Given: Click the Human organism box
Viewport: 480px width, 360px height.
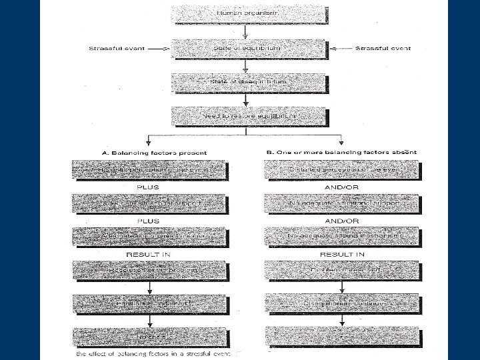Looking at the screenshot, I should tap(247, 13).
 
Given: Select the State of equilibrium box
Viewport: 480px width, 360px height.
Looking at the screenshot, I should tap(247, 48).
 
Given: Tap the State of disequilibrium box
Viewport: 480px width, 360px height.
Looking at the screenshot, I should tap(247, 81).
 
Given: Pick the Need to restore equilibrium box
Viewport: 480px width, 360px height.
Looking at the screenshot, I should tap(247, 116).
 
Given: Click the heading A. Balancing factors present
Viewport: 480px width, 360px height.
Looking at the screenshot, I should tap(154, 153).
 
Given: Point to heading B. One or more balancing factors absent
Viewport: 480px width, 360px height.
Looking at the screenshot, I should tap(341, 152).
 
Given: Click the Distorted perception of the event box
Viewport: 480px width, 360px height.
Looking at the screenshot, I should tap(341, 169).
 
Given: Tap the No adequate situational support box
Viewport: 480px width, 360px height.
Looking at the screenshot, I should tap(341, 202).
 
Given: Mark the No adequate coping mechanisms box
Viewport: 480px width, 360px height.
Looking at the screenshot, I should tap(341, 236).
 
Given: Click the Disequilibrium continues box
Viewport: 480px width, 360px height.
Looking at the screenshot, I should tap(341, 303).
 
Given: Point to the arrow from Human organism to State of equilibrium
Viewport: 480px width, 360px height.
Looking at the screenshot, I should tap(247, 31).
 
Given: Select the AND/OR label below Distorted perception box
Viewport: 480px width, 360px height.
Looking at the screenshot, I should tap(341, 187).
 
